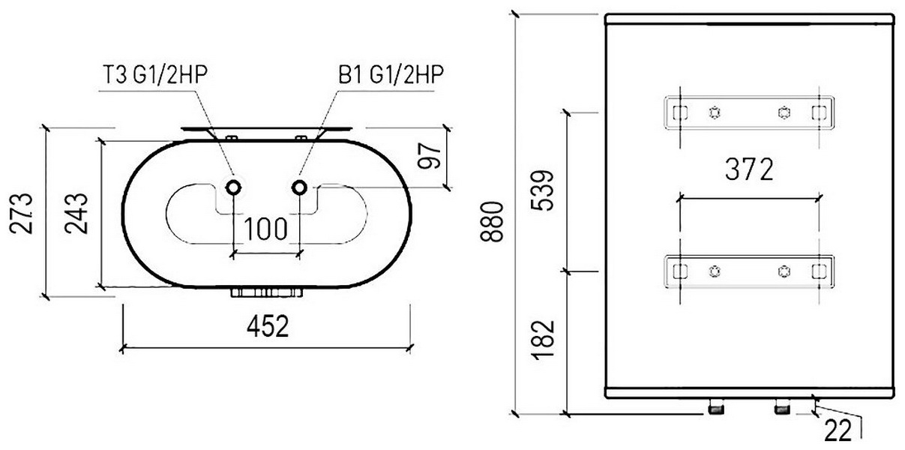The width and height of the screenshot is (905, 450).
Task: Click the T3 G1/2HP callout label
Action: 155,74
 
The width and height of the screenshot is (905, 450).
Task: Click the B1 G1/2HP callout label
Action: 391,74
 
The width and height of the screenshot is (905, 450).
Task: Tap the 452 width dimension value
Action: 268,326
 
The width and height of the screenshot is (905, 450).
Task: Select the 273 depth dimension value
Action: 21,214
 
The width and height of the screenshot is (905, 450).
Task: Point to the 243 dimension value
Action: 76,214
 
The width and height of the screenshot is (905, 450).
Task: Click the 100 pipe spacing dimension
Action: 265,229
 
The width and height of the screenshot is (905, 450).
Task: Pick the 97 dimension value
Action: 430,155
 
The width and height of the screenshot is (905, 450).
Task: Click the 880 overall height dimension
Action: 492,222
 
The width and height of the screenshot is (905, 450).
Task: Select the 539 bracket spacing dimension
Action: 542,190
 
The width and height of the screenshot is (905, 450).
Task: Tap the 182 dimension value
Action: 542,340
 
